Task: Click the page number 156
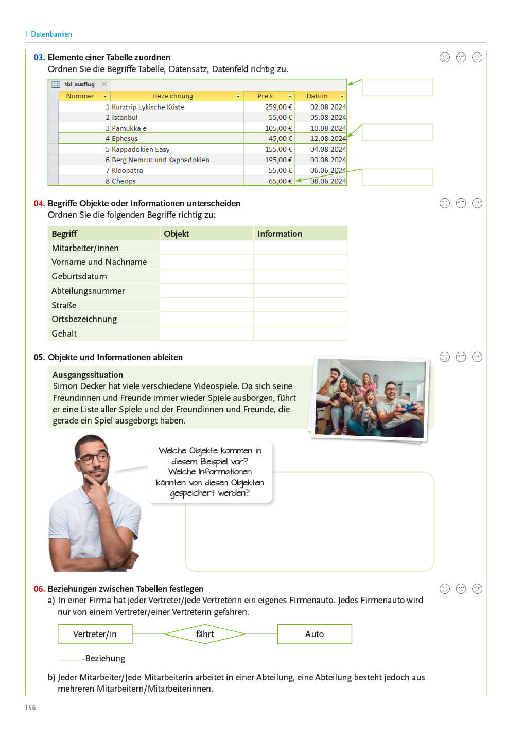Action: (30, 708)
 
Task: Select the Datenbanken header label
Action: (51, 34)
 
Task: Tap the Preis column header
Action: (266, 96)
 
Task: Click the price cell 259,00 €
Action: (278, 107)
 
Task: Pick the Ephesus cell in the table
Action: (125, 138)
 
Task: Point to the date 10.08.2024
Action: (328, 128)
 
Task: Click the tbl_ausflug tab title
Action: (80, 84)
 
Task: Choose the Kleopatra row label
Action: (127, 170)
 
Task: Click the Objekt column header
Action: (177, 234)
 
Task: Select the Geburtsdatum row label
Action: (79, 276)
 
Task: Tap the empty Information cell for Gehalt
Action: (300, 333)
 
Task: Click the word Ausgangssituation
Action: (88, 375)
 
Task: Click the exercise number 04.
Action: (39, 203)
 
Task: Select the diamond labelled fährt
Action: (205, 634)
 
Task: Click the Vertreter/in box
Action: (95, 634)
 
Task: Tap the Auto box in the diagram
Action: (315, 634)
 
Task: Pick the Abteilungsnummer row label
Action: (88, 291)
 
